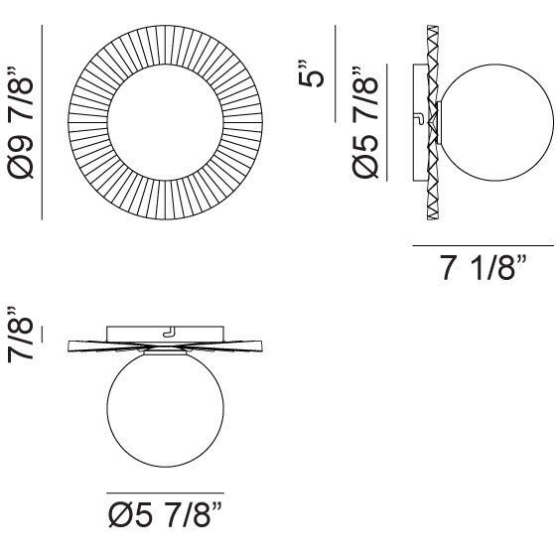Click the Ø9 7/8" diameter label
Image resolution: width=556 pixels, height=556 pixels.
tap(21, 122)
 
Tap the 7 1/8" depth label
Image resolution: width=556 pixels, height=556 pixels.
tap(484, 267)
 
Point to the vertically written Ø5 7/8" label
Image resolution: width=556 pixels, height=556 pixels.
tap(365, 121)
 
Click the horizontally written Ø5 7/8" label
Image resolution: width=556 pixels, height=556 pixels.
tap(165, 515)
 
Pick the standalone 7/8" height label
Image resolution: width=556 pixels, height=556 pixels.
tap(21, 334)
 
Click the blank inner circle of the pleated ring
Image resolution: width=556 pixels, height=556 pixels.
tap(165, 122)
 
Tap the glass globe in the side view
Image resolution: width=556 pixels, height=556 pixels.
tap(495, 122)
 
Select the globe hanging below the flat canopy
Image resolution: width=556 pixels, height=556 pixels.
tap(165, 409)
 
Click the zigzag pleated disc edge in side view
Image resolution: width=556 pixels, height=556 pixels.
tap(433, 122)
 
